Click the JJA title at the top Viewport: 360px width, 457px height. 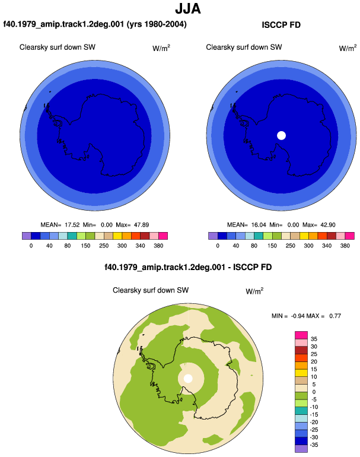click(188, 9)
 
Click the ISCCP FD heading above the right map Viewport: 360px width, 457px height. click(281, 25)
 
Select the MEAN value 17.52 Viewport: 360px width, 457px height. click(72, 225)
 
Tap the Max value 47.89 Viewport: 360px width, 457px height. click(141, 225)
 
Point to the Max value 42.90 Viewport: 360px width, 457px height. click(327, 225)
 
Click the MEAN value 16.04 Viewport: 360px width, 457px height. click(259, 225)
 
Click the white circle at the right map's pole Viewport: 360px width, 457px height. click(281, 135)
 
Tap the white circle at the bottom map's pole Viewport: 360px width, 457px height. click(188, 379)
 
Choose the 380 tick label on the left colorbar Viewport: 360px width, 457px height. click(158, 246)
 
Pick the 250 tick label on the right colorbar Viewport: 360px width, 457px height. click(290, 246)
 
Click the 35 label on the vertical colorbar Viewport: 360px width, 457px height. click(314, 339)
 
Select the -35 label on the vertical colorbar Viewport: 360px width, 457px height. click(313, 445)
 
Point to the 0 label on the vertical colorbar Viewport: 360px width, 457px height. click(314, 392)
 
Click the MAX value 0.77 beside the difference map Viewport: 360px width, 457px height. click(335, 316)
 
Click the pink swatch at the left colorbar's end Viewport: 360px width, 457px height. click(163, 236)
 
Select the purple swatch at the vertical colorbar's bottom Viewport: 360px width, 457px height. click(301, 449)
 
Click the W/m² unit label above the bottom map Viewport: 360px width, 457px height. click(254, 291)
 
